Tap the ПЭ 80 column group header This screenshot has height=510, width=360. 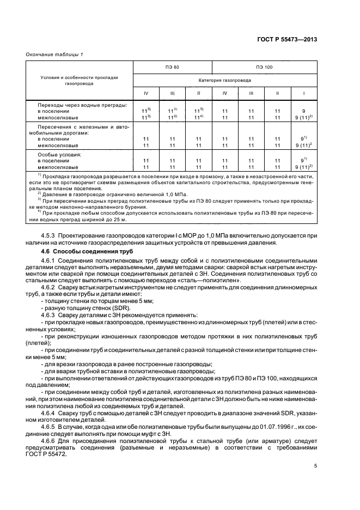pos(172,66)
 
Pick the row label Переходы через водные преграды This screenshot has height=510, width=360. pos(82,104)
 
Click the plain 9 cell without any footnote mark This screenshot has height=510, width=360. pos(303,111)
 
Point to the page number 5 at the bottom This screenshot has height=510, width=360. pos(315,466)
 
